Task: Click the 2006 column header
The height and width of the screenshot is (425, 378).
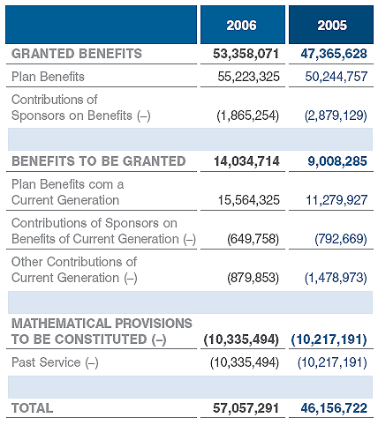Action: pyautogui.click(x=241, y=26)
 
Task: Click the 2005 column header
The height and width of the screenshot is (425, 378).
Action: pyautogui.click(x=332, y=26)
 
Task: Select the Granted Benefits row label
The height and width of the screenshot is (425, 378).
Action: pyautogui.click(x=77, y=54)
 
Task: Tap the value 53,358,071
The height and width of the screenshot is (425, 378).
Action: pyautogui.click(x=246, y=54)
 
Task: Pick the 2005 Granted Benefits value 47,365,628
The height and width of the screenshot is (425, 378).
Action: pyautogui.click(x=334, y=54)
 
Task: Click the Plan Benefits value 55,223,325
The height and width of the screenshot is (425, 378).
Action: pyautogui.click(x=248, y=77)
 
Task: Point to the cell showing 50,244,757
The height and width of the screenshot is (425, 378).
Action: pyautogui.click(x=336, y=77)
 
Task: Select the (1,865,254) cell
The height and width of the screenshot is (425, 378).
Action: pyautogui.click(x=247, y=116)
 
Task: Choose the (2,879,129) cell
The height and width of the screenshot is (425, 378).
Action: pyautogui.click(x=336, y=116)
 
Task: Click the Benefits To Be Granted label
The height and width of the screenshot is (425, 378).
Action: pyautogui.click(x=99, y=161)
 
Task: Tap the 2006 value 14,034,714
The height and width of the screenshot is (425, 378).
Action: pyautogui.click(x=246, y=161)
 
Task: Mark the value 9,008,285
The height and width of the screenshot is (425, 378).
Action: pyautogui.click(x=337, y=161)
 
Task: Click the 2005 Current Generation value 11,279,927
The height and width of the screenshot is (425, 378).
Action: pyautogui.click(x=336, y=200)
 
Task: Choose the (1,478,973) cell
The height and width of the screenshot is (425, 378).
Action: pyautogui.click(x=336, y=278)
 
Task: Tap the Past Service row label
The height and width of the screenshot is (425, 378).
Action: pyautogui.click(x=55, y=362)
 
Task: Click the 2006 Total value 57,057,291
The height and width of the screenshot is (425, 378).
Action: pyautogui.click(x=246, y=408)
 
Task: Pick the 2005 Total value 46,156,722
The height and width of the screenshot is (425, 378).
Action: pyautogui.click(x=334, y=408)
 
